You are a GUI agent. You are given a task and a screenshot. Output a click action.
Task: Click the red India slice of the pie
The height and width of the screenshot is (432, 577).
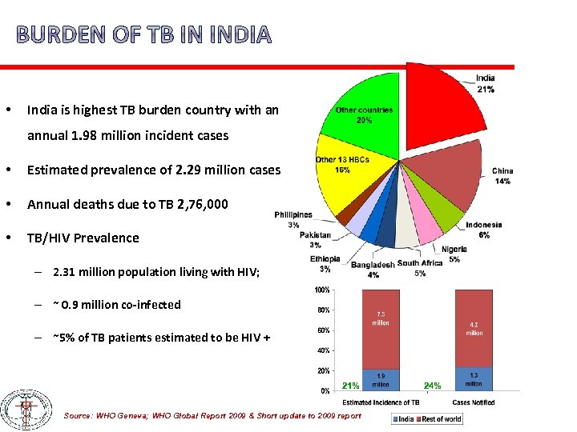441,104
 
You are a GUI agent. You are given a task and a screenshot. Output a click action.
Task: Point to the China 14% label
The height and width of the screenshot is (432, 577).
502,176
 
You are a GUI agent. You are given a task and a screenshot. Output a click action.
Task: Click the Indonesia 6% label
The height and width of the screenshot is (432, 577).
484,230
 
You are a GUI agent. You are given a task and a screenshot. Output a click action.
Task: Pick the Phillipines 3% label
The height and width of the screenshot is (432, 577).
293,220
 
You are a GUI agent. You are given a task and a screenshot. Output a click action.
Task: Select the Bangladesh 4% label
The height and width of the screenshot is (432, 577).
373,270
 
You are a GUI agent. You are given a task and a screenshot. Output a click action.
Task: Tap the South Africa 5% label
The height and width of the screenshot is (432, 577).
420,268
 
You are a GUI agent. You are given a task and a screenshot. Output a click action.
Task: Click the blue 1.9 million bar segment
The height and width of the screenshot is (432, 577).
380,379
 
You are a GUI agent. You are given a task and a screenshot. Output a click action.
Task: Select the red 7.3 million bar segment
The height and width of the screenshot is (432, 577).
380,328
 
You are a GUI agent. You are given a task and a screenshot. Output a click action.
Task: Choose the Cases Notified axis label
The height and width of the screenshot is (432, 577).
474,402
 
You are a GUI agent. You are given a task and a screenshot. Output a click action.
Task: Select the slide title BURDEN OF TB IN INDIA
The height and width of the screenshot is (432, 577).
143,35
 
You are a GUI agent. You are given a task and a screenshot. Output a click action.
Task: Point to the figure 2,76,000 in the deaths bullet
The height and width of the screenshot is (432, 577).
199,204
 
